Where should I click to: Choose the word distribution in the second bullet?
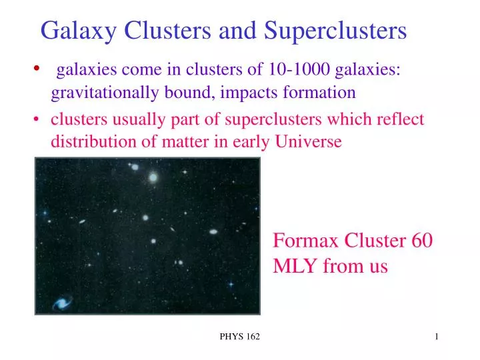[86, 141]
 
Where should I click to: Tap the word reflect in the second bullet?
[401, 119]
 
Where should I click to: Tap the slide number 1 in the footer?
[437, 337]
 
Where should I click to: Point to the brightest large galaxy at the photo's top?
[153, 177]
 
